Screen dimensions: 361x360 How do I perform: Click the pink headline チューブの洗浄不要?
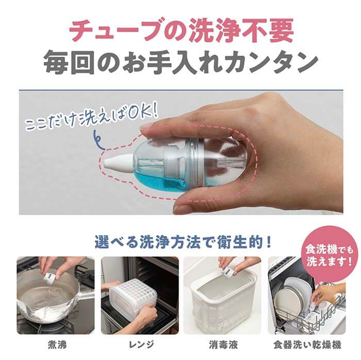[182, 31]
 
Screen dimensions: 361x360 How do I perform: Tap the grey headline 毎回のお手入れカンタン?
[181, 62]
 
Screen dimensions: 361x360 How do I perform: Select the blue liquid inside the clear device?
[161, 179]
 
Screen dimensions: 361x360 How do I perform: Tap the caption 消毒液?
[223, 345]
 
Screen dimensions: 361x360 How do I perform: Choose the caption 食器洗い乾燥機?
[307, 345]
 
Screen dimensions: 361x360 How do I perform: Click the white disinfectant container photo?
[222, 296]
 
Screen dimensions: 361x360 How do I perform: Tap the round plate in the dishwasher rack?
[288, 302]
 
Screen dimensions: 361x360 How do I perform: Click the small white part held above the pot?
[51, 276]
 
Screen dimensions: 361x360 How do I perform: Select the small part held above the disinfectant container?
[227, 272]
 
